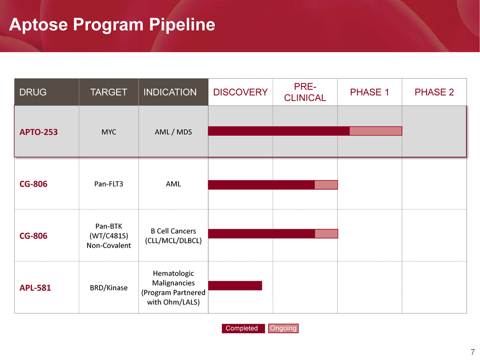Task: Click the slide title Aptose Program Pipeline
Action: coord(112,24)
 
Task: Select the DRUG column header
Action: coord(33,92)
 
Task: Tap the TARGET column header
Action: coord(109,92)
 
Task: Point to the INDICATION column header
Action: coord(170,92)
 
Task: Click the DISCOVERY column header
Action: coord(241,92)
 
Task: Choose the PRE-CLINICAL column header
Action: coord(305,92)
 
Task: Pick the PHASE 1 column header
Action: coord(369,92)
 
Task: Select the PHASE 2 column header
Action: coord(434,92)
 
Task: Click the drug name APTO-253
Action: coord(38,132)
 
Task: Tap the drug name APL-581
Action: coord(35,288)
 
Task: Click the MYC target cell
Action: coord(109,132)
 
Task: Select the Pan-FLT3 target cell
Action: coord(109,184)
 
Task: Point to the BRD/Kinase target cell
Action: coord(109,288)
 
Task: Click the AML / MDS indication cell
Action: coord(173,132)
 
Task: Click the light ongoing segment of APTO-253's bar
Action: coord(375,131)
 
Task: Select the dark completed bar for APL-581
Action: coord(235,286)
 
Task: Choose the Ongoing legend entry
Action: coord(283,328)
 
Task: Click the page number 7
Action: coord(472,352)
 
